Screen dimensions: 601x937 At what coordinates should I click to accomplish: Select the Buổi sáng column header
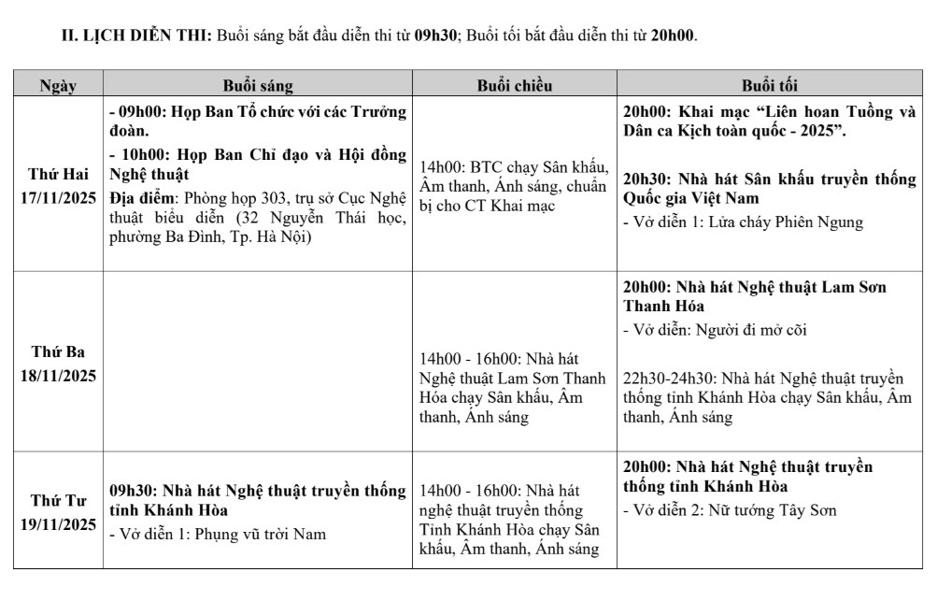257,86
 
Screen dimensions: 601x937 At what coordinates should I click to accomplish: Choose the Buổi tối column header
770,86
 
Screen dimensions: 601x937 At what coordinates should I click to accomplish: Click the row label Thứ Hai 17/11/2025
57,185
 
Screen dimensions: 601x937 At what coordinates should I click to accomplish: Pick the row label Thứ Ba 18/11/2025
57,363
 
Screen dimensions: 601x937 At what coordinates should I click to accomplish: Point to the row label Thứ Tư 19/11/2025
57,511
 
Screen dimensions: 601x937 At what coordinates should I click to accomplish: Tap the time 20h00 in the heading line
674,37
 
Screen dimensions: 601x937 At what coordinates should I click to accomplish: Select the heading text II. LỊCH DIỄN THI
135,37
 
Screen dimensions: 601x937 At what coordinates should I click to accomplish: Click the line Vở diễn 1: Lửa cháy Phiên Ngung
744,222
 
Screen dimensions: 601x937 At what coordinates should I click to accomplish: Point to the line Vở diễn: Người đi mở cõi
716,330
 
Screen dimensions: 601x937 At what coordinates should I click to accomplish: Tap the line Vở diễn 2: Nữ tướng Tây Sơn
730,510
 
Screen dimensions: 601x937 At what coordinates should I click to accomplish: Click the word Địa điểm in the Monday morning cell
143,198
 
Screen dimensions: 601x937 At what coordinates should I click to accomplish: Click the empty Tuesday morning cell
257,363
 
